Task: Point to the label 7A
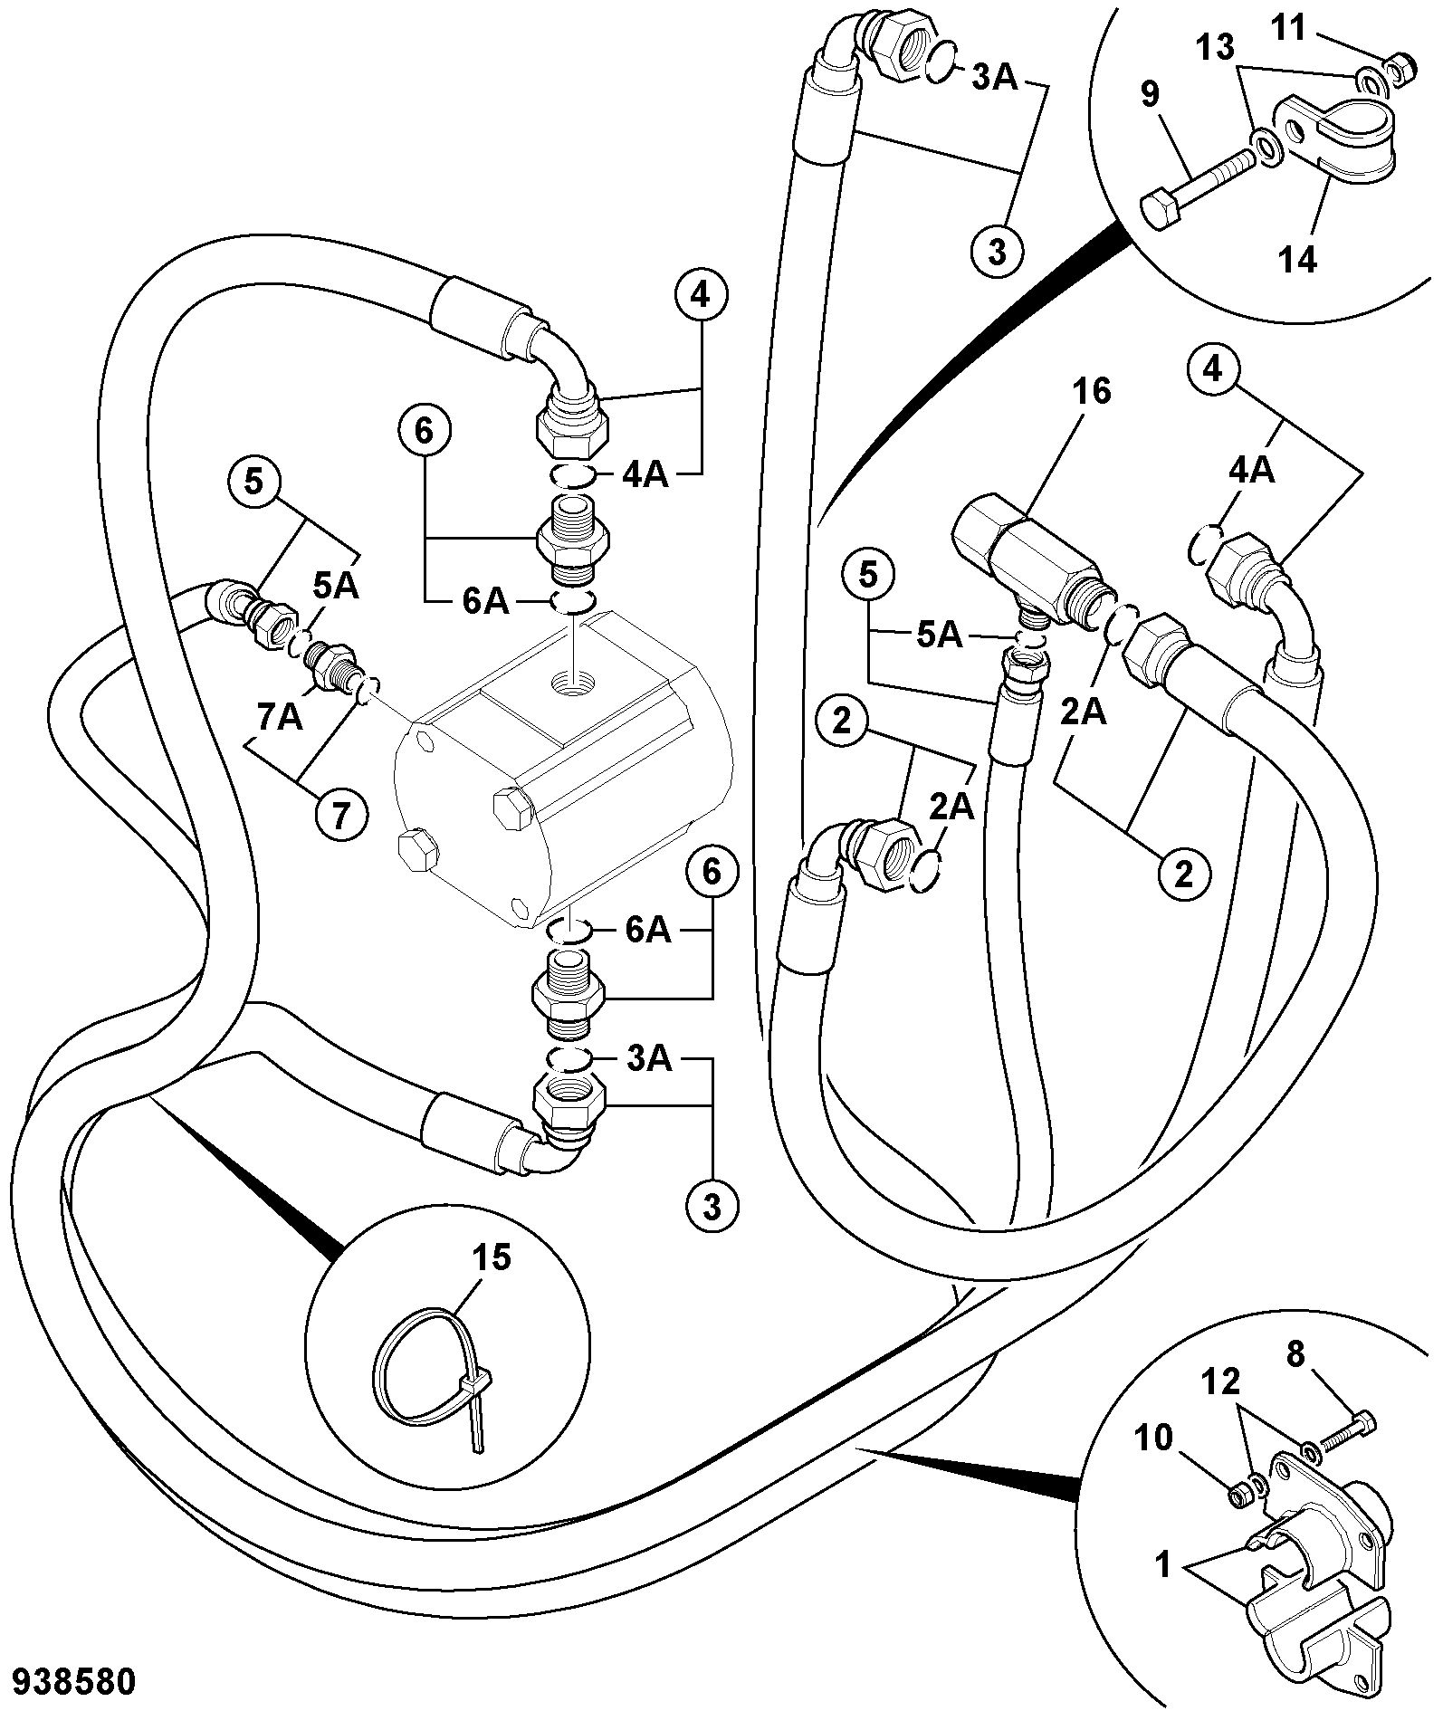(x=278, y=717)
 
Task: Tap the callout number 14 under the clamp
(x=1297, y=260)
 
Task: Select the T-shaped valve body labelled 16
(x=1025, y=556)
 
